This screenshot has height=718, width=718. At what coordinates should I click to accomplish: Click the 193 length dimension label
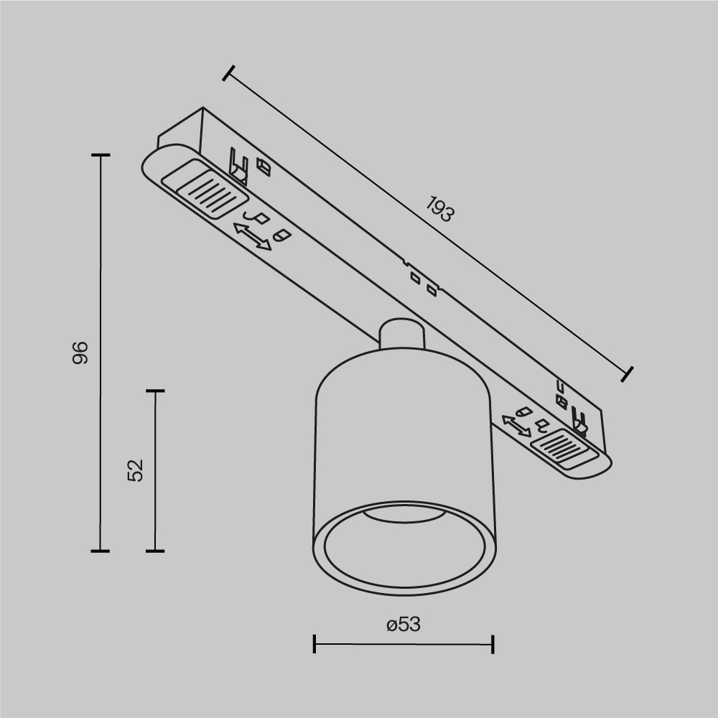coord(439,210)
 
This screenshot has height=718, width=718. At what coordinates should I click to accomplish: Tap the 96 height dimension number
coord(80,352)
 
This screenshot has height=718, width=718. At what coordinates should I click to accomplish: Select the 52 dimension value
coord(136,470)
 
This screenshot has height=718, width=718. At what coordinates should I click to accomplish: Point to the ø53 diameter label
coord(403,625)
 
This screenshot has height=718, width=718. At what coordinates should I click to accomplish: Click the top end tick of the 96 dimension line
coord(101,155)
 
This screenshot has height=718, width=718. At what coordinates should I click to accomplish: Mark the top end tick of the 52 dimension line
coord(155,391)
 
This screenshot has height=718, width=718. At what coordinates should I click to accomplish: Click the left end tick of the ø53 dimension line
coord(314,644)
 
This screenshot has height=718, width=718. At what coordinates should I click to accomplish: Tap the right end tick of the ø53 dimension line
coord(493,644)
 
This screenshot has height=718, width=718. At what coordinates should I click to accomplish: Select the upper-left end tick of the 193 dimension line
coord(229,73)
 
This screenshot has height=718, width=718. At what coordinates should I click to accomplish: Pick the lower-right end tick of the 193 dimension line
coord(628,373)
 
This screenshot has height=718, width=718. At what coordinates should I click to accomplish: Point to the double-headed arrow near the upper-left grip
coord(253,236)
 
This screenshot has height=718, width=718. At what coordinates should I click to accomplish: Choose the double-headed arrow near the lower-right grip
coord(516,425)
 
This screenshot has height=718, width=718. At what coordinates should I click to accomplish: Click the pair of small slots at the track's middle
coord(422,283)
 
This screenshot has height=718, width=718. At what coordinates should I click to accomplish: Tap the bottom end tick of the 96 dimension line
coord(101,551)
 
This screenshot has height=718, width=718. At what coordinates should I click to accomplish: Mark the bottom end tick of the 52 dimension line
coord(155,551)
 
